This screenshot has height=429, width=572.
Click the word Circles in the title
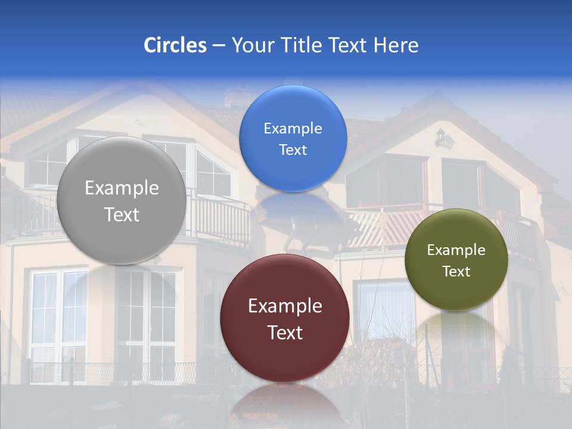click(x=175, y=45)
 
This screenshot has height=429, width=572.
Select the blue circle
click(x=293, y=138)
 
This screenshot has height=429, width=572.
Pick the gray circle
click(x=121, y=200)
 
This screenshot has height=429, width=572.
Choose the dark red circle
click(x=284, y=318)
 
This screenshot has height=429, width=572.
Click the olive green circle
click(x=456, y=260)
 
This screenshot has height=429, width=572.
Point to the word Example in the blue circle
click(x=293, y=128)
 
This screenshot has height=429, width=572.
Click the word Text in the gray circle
click(x=122, y=214)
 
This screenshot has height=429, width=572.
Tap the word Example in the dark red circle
click(x=285, y=306)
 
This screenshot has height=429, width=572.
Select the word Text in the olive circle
click(x=456, y=272)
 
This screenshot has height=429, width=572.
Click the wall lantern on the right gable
click(x=443, y=139)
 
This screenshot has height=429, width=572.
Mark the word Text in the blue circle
click(x=293, y=150)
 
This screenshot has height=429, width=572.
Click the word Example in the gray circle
click(x=122, y=188)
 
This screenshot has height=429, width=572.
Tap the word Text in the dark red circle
click(x=285, y=332)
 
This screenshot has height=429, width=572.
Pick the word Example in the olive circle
click(x=456, y=250)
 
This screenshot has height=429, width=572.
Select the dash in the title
click(x=219, y=46)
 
